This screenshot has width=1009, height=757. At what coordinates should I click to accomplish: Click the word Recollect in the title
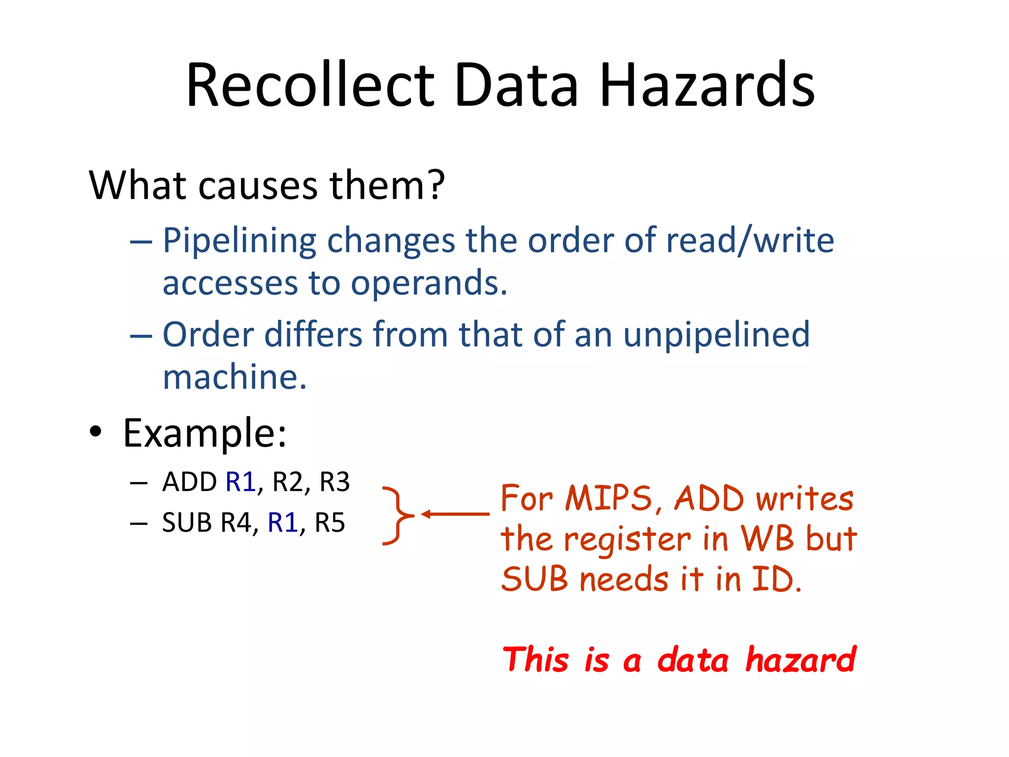pos(310,85)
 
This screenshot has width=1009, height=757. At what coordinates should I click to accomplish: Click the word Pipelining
pos(239,241)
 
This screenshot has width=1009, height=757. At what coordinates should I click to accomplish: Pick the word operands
pos(428,283)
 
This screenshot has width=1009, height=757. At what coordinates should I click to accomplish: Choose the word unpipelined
pos(716,335)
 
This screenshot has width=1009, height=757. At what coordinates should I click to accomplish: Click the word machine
pos(235,377)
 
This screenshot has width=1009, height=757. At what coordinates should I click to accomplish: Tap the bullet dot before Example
pos(96,432)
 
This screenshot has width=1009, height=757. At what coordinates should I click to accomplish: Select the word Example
pos(204,433)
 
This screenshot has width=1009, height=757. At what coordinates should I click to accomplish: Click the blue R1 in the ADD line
pos(240,482)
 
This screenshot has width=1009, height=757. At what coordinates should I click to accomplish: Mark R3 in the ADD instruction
pos(335,482)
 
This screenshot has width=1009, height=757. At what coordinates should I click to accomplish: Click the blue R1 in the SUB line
pos(283,523)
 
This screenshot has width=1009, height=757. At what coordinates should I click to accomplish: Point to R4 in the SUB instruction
pos(236,523)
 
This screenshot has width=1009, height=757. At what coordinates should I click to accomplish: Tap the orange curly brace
pos(397,516)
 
